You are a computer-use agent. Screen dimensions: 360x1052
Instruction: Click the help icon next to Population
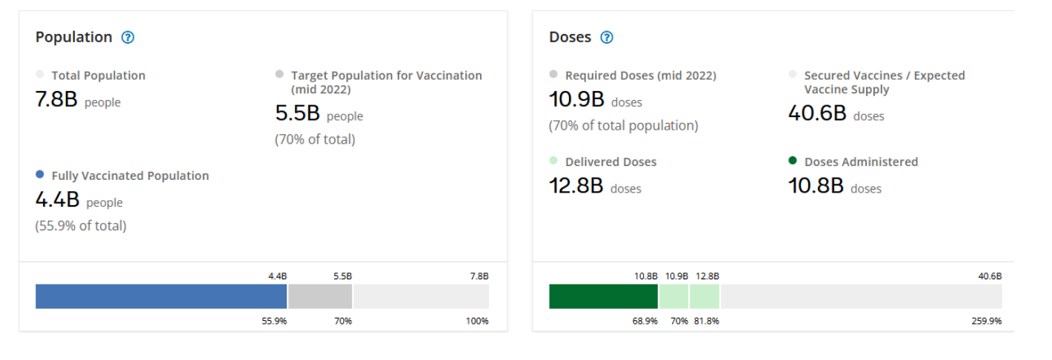point(127,37)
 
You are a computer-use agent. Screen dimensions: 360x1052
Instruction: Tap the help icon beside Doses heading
point(607,37)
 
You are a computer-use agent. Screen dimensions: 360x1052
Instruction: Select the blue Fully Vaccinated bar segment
point(161,296)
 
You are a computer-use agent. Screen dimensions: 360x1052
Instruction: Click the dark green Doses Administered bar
point(603,296)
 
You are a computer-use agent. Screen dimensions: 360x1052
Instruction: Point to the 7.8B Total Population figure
point(56,100)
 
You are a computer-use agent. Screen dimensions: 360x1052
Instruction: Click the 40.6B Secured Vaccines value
point(817,113)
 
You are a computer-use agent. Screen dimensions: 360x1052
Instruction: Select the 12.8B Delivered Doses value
point(576,186)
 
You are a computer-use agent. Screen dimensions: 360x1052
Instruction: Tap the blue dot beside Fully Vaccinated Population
point(40,175)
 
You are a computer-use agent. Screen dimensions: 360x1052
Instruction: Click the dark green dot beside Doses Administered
point(793,161)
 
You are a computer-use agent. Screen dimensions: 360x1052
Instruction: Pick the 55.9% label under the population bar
point(274,321)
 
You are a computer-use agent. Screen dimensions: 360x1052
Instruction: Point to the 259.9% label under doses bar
point(987,321)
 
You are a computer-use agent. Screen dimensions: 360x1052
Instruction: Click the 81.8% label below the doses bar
point(707,321)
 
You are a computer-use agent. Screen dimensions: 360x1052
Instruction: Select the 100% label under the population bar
point(477,321)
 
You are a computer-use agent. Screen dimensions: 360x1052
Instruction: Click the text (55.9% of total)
point(81,226)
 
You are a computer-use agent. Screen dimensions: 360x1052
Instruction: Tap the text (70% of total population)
point(623,126)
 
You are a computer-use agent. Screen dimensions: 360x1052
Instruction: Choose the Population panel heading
point(74,37)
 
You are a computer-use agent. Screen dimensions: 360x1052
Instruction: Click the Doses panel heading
point(570,37)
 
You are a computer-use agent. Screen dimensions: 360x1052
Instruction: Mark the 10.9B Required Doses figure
point(576,99)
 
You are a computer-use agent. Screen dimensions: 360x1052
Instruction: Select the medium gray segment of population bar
point(320,296)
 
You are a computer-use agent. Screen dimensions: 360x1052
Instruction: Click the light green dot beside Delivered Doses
point(553,161)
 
